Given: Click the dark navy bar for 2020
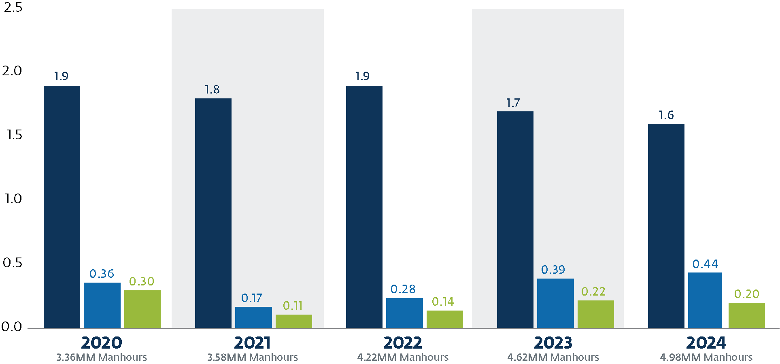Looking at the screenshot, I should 62,206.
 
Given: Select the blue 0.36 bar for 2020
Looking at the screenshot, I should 102,305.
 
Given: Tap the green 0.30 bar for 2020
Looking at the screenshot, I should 142,309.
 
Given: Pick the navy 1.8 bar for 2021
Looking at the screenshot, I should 213,213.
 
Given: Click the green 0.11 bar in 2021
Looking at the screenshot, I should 293,321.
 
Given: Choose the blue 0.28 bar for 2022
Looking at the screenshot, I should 404,313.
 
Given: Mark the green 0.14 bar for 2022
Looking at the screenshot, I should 444,319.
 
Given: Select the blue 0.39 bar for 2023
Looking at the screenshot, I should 555,303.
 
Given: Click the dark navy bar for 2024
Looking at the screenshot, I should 666,226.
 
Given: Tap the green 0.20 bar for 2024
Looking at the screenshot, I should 746,315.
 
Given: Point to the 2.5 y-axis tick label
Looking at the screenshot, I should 13,7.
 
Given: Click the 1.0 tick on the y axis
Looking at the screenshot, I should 13,199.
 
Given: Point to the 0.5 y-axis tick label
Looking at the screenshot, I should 13,263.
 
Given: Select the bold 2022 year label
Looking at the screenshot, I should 403,343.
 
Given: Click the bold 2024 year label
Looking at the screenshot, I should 706,343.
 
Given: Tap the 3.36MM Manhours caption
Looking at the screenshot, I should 102,357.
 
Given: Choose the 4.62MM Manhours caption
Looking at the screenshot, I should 553,357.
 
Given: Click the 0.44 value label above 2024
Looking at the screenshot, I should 705,264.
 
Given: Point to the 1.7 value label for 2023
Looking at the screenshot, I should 513,103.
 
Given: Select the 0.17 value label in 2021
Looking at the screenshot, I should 251,298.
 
